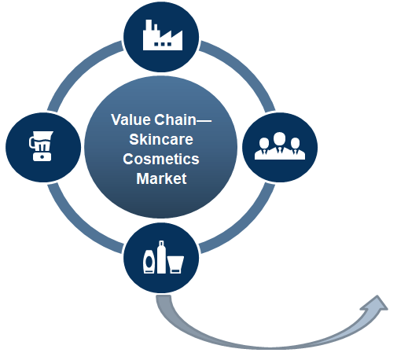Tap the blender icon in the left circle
[x=41, y=146]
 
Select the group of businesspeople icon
[x=280, y=146]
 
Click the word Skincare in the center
[x=161, y=139]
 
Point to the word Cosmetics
[x=161, y=159]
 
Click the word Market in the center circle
[x=161, y=178]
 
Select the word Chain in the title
[x=175, y=119]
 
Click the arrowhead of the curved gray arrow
[x=375, y=303]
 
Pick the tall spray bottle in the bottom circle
[x=161, y=257]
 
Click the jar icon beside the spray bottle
[x=175, y=264]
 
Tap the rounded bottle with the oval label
[x=149, y=262]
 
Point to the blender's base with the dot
[x=42, y=156]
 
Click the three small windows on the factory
[x=163, y=44]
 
